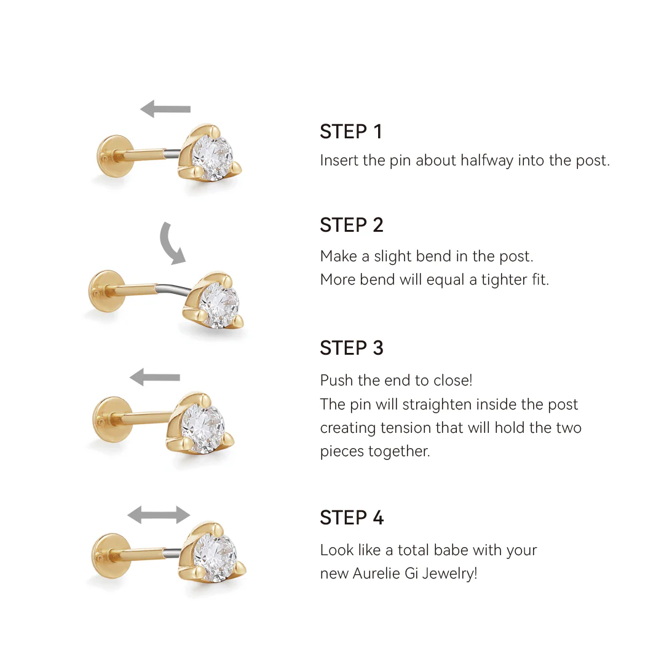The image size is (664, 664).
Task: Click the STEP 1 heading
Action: [x=351, y=132]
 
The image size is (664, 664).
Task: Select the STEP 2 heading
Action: [x=352, y=225]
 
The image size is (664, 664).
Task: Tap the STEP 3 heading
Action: [x=352, y=348]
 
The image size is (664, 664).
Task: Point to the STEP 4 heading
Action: [x=352, y=518]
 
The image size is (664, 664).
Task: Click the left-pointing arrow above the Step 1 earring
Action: [x=165, y=109]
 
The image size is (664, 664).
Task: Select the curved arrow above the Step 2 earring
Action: [x=172, y=243]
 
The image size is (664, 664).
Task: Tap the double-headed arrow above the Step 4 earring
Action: [x=159, y=515]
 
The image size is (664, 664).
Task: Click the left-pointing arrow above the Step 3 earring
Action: [x=155, y=377]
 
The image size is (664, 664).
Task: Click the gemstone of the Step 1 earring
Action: [x=212, y=156]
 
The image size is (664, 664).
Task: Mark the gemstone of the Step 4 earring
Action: [x=215, y=556]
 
